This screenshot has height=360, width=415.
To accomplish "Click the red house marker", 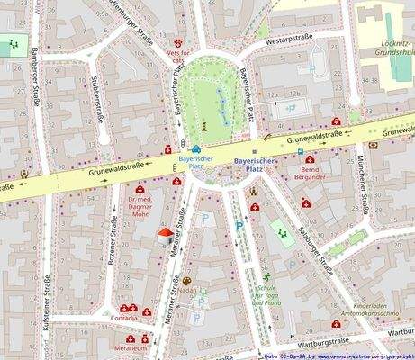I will [x=164, y=236].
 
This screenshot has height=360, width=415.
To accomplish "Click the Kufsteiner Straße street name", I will [x=46, y=306].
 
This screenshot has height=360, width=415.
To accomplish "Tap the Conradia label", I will [x=124, y=318].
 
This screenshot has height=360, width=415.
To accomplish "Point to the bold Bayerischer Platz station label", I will [x=253, y=164].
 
